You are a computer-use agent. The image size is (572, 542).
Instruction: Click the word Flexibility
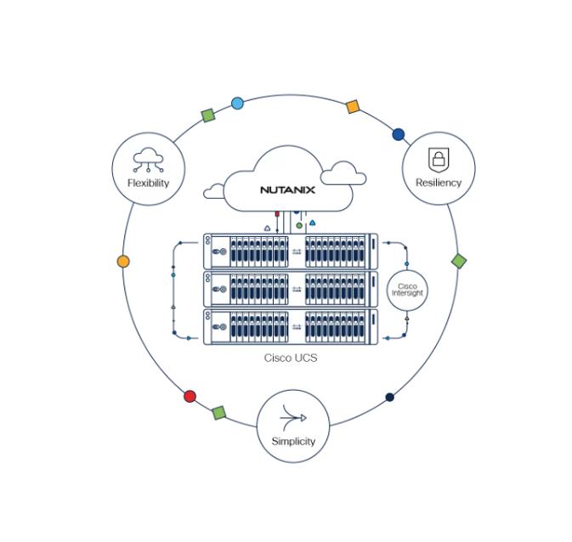(148, 183)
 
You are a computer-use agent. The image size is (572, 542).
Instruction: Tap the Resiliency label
(439, 183)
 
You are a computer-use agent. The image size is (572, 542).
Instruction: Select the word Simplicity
(293, 442)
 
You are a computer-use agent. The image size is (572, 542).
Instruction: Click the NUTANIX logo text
(287, 190)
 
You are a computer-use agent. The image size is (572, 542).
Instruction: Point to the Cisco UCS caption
(291, 358)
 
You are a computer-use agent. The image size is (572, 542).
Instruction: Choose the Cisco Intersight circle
(407, 290)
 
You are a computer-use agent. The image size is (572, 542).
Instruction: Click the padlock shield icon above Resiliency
(439, 160)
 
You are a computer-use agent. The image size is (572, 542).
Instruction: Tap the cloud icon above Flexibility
(148, 160)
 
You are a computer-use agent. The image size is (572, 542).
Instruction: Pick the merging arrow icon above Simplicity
(293, 417)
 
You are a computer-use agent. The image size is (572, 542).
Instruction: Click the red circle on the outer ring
(190, 396)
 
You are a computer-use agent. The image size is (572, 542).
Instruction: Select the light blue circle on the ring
(237, 104)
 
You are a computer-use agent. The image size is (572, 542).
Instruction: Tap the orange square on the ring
(353, 107)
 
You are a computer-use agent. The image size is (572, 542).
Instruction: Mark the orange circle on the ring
(123, 262)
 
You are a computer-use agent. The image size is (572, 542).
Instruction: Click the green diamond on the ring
(459, 261)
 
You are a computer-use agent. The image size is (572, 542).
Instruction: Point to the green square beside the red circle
(219, 413)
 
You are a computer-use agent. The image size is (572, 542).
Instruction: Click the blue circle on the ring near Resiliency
(399, 134)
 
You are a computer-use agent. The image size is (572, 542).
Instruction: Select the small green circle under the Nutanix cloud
(299, 226)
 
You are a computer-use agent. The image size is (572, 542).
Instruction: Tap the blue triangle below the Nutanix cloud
(312, 223)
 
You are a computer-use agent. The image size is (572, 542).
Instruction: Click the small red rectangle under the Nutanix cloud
(277, 214)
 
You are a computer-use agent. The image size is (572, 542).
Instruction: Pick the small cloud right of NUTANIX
(343, 173)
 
